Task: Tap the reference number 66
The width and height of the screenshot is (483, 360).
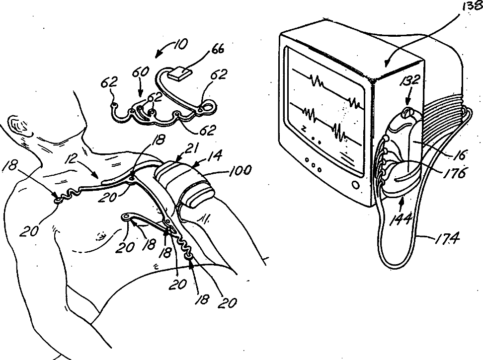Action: [x=218, y=49]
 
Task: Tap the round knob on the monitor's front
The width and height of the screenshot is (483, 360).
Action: [x=355, y=184]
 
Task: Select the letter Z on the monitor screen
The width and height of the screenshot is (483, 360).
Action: [x=302, y=128]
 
